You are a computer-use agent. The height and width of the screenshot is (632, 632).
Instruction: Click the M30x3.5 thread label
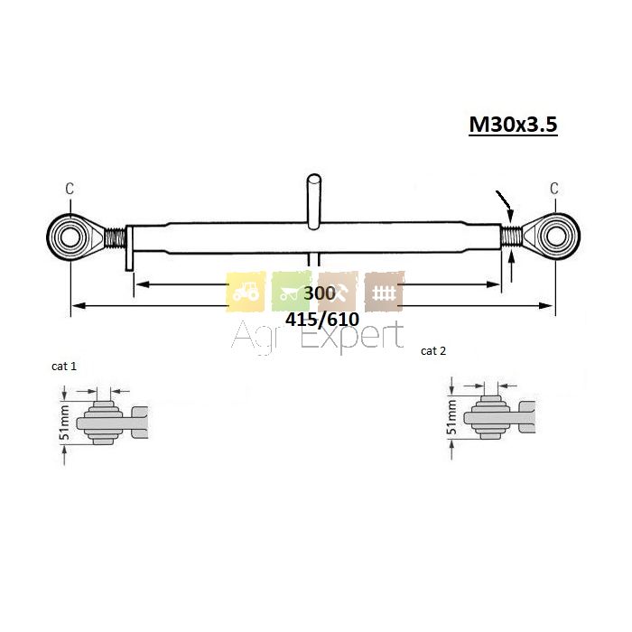[513, 125]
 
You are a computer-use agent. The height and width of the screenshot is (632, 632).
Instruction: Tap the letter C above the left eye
[70, 188]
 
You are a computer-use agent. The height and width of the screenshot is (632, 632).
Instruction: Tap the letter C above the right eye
[554, 188]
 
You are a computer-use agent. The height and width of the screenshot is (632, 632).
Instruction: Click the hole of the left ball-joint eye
[70, 237]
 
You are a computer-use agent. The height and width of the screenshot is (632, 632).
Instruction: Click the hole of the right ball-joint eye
[556, 237]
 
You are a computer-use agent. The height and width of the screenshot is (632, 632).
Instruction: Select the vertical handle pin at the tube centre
[314, 201]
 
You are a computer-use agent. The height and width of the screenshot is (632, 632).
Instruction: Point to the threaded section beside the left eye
[116, 237]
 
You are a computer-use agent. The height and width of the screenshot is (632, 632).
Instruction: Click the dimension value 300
[320, 293]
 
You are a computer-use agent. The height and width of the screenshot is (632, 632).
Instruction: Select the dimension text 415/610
[322, 320]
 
